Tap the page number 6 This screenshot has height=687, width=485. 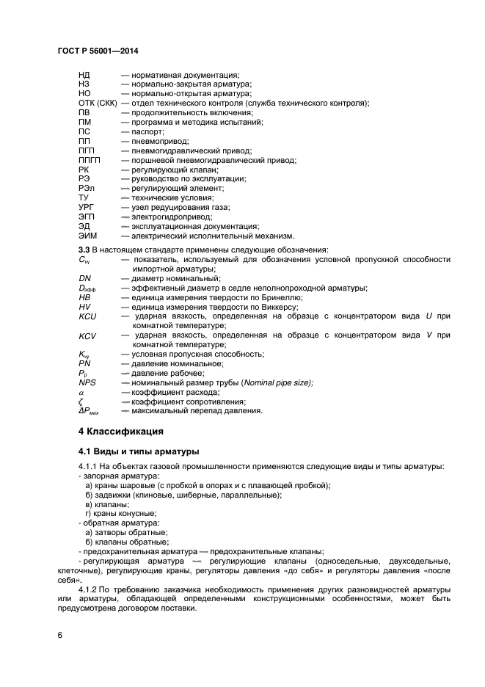click(x=61, y=634)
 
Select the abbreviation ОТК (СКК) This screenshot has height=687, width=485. click(x=98, y=103)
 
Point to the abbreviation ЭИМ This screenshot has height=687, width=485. click(x=87, y=236)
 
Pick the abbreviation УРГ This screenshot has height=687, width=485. click(x=87, y=208)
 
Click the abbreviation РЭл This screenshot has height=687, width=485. click(x=87, y=189)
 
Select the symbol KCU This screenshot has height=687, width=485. click(x=87, y=316)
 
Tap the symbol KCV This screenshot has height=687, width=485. click(x=87, y=335)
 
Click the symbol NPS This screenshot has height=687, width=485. click(x=87, y=383)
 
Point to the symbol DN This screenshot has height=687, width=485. click(x=84, y=278)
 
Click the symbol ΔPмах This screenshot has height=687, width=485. click(x=92, y=411)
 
